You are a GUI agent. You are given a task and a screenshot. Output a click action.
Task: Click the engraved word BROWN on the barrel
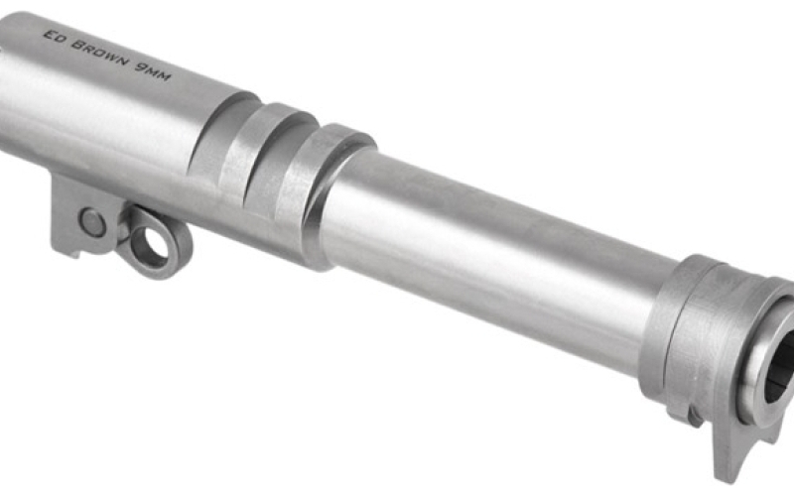100,54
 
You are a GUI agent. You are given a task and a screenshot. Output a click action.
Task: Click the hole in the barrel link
149,243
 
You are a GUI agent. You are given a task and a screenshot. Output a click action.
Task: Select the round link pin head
93,223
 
